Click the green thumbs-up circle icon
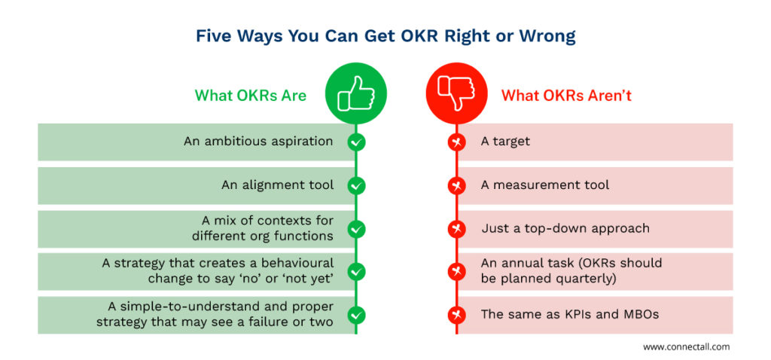356,93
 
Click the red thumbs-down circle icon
456,93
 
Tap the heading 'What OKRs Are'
250,95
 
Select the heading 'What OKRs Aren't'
566,95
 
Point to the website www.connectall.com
687,346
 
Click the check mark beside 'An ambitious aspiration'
356,142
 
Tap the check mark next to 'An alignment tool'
356,186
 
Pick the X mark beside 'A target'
456,142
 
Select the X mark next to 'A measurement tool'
456,186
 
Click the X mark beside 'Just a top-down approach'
456,229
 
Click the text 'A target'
505,142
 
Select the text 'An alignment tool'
277,185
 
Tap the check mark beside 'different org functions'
356,229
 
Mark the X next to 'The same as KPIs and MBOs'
456,314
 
